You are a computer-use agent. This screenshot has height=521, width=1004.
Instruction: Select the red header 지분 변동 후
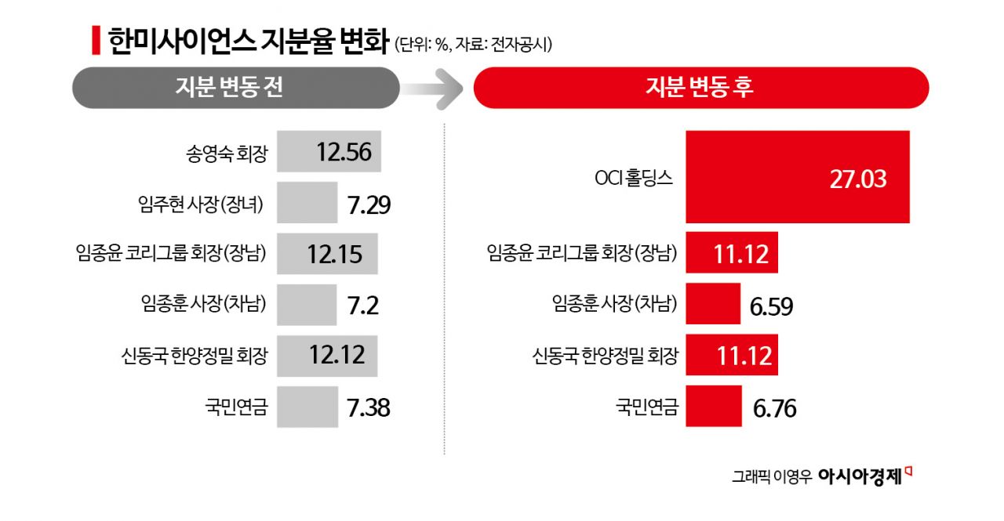pos(700,87)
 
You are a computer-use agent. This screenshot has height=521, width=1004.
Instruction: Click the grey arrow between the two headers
pos(437,88)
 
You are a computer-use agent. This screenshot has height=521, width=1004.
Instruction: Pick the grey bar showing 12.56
pos(329,152)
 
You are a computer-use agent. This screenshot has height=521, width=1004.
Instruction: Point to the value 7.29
pos(368,205)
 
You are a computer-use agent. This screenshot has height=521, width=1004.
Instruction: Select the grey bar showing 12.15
pos(327,254)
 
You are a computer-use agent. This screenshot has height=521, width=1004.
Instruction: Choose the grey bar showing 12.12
pos(327,356)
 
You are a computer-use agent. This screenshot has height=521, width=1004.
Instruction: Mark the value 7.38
pos(368,407)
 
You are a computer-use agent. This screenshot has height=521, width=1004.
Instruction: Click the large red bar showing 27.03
pos(797,178)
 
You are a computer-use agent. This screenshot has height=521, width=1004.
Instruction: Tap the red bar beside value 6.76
pos(713,407)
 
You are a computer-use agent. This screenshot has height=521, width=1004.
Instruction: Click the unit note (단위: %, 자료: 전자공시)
pos(474,45)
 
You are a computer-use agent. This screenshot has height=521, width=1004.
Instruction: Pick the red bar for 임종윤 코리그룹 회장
pos(731,252)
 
